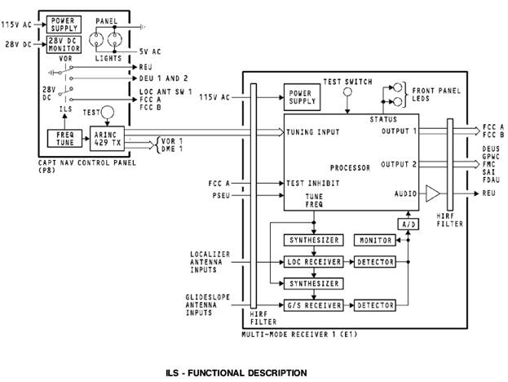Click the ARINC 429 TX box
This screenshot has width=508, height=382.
(x=108, y=139)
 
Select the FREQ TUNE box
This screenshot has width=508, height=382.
(x=64, y=139)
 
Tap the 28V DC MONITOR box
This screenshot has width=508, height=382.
(x=64, y=44)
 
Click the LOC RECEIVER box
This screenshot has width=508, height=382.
(x=314, y=262)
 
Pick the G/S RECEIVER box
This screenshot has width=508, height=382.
(x=314, y=305)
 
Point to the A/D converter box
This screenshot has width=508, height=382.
(x=409, y=224)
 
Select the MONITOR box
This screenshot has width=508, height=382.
(x=375, y=240)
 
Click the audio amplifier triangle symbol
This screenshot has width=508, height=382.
(x=433, y=193)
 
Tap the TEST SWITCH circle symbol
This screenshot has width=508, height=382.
(x=347, y=92)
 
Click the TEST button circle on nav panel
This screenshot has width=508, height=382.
(x=108, y=112)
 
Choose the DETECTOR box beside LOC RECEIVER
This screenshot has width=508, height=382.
(x=375, y=262)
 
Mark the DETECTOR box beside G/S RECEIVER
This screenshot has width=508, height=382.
(x=375, y=305)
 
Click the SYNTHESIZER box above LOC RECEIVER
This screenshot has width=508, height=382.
(x=314, y=240)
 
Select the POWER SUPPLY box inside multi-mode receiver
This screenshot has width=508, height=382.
(x=302, y=97)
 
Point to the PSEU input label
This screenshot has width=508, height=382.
(x=221, y=196)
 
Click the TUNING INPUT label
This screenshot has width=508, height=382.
(x=313, y=132)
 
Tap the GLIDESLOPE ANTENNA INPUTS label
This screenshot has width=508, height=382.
(x=208, y=304)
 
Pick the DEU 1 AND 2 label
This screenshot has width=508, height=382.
(x=164, y=78)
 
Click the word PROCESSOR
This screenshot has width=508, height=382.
(x=350, y=167)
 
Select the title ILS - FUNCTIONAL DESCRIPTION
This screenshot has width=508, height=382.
(x=236, y=373)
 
